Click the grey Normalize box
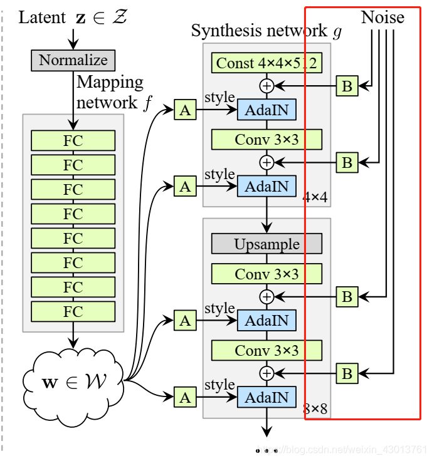point(73,60)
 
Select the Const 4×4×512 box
point(266,63)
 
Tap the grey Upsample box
point(266,244)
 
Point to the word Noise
point(382,18)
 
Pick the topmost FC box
point(73,140)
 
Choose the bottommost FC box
point(73,311)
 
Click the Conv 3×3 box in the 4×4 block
point(266,139)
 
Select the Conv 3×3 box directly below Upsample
point(266,274)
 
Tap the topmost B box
point(347,86)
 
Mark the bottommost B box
point(347,374)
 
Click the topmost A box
point(185,111)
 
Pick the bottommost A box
point(185,397)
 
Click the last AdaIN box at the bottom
point(266,397)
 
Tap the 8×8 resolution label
point(315,410)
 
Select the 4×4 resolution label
point(315,197)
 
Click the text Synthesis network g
point(266,31)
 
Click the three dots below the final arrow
point(266,450)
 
